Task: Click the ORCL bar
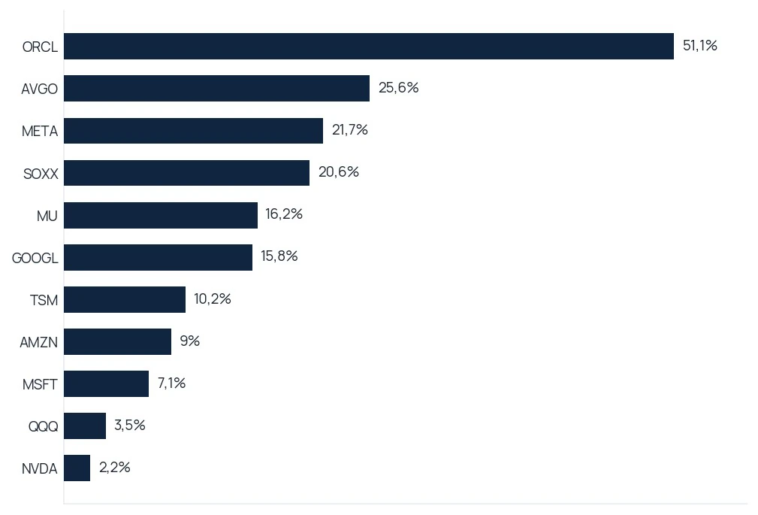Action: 369,47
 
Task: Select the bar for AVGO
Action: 216,88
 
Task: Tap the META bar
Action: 193,131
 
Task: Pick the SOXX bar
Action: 186,173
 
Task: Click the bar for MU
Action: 161,215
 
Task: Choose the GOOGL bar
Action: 158,257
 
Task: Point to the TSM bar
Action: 125,300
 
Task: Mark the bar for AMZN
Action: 117,342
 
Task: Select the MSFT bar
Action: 107,384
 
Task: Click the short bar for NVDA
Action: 77,468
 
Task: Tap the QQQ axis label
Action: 43,426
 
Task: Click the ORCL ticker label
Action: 40,47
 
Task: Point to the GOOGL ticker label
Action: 35,258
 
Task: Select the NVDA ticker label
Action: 40,468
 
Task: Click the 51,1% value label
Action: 700,46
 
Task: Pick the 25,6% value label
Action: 398,88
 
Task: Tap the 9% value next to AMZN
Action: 190,341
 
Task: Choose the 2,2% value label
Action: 115,467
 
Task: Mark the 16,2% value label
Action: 284,214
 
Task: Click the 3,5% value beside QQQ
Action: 129,425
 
